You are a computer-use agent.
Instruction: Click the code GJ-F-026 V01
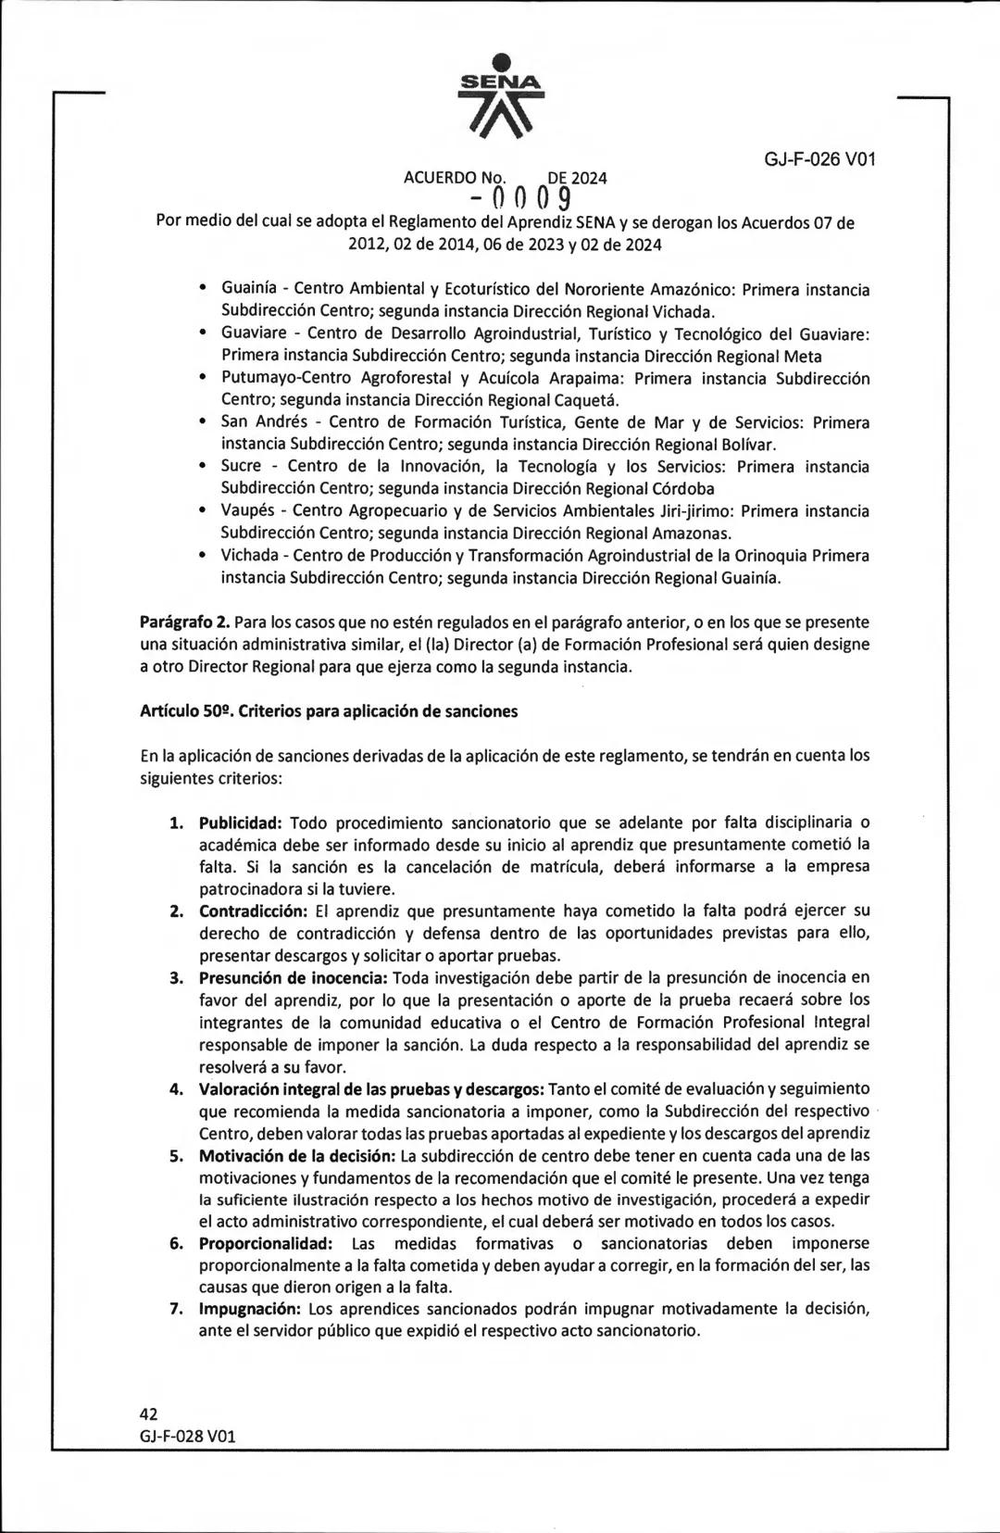819,158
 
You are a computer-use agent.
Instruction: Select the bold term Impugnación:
250,1310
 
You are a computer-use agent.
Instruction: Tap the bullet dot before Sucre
203,468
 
